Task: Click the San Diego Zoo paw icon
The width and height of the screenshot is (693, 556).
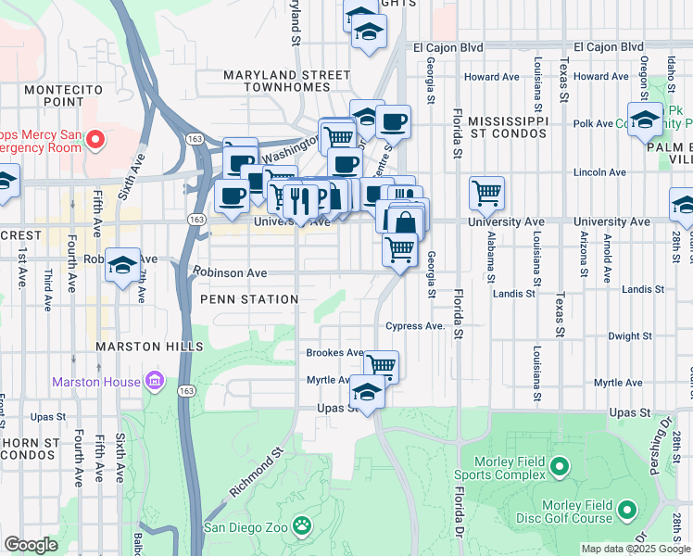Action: point(301,526)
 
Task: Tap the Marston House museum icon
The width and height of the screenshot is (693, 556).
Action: point(155,381)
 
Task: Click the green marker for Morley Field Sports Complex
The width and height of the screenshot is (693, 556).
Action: point(559,466)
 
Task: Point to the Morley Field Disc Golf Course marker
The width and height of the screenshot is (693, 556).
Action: point(627,510)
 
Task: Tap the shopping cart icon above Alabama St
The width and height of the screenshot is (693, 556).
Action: point(486,193)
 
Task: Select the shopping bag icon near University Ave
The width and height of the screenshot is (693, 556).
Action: point(405,221)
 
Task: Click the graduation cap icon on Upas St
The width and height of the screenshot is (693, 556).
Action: point(368,393)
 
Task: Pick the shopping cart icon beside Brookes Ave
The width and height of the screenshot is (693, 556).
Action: point(381,364)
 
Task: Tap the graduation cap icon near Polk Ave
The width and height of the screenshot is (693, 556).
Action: point(645,120)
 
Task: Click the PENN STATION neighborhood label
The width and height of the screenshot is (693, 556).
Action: point(249,299)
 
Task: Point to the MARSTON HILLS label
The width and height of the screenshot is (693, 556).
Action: point(149,347)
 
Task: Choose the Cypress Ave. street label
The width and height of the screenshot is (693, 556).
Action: point(416,326)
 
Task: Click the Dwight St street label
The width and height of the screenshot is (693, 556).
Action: point(624,336)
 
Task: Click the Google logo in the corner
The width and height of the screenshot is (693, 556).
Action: point(31,545)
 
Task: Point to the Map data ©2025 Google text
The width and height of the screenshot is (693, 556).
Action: point(635,549)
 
